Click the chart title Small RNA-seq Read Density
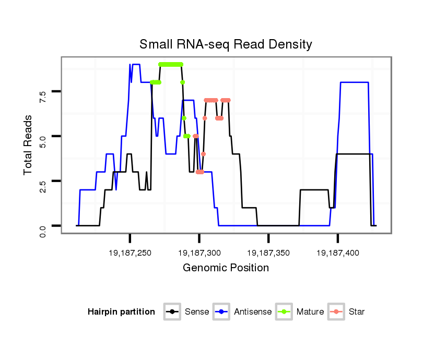click(x=226, y=44)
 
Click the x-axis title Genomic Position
click(x=226, y=268)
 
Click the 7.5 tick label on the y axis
click(x=42, y=92)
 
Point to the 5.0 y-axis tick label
click(x=42, y=136)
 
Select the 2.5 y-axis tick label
click(x=42, y=181)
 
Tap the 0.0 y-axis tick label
click(x=42, y=225)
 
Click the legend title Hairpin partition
click(x=121, y=312)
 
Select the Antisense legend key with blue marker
click(x=222, y=312)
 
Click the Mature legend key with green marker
click(x=285, y=312)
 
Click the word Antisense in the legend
click(x=253, y=312)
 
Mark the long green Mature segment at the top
click(x=171, y=64)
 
